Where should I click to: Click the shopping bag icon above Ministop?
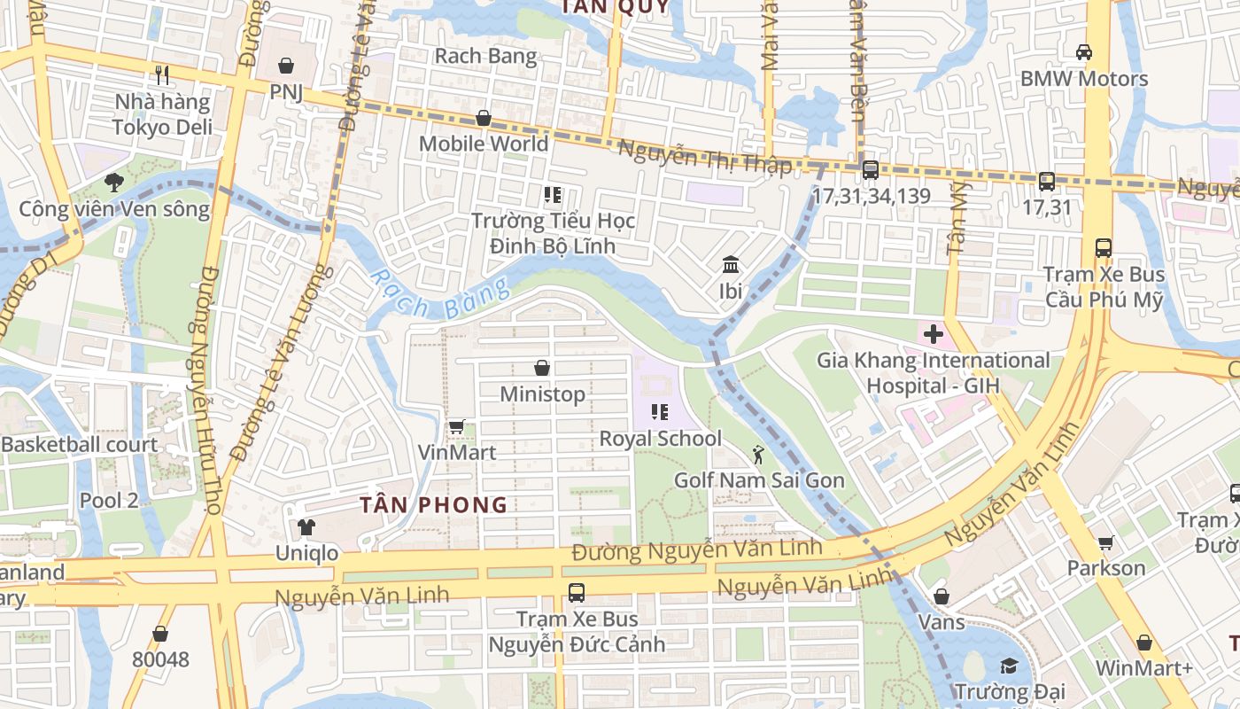point(542,368)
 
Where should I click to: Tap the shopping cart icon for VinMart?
point(457,427)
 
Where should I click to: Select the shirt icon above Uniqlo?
point(306,527)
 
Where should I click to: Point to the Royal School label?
point(661,439)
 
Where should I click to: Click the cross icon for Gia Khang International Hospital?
point(933,334)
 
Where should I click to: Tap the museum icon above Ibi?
point(731,265)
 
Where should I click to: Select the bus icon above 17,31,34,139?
point(870,170)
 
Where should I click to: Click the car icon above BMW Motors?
point(1083,52)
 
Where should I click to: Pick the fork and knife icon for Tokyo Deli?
point(161,74)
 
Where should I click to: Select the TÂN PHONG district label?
point(433,505)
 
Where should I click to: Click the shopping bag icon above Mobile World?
point(484,118)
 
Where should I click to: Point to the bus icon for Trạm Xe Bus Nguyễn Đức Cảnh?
point(577,593)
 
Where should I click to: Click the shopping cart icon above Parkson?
point(1105,542)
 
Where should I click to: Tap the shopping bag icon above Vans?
point(942,596)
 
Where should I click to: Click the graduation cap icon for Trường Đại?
point(1009,666)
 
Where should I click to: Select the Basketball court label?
point(80,445)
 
